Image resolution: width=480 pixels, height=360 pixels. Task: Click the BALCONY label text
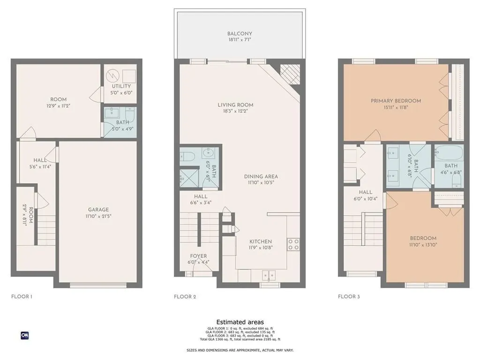pos(240,34)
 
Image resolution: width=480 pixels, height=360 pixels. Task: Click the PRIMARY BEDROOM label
pos(396,101)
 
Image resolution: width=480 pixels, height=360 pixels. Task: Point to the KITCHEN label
pos(260,241)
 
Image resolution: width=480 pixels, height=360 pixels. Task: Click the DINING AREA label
pos(261,177)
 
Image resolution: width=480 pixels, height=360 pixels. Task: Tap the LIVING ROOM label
pos(235,105)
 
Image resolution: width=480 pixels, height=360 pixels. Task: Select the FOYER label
pos(199,256)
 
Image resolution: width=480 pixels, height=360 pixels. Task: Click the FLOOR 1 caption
pos(22,296)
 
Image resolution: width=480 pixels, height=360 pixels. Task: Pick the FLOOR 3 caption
pos(349,296)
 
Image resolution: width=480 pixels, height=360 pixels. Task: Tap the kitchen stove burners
pos(293,244)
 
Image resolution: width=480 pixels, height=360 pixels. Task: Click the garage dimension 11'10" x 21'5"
pos(98,216)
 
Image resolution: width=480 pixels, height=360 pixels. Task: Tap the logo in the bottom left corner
pos(25,335)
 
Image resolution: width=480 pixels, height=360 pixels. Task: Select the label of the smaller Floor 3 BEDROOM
pos(423,238)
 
